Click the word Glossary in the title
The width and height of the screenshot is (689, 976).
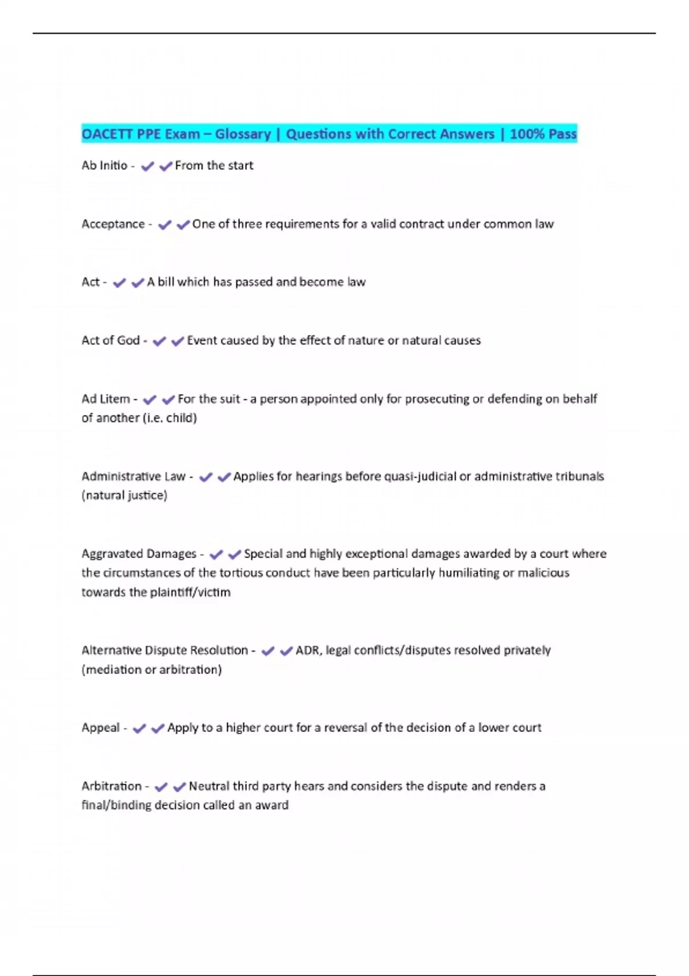tap(243, 134)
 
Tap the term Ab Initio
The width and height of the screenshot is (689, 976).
tap(104, 165)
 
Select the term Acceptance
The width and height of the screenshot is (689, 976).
tap(113, 224)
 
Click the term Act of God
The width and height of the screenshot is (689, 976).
tap(110, 340)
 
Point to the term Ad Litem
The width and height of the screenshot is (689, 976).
tap(106, 399)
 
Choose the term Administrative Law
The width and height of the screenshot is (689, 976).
tap(133, 477)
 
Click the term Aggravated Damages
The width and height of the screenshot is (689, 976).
tap(139, 554)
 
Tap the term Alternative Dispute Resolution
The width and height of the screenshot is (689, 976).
tap(165, 650)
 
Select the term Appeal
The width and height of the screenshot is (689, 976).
tap(100, 728)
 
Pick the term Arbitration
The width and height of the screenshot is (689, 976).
tap(111, 786)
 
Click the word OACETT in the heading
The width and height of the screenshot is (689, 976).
tap(107, 134)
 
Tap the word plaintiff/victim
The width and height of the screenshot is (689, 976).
tap(190, 592)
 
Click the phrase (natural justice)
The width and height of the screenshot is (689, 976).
tap(125, 495)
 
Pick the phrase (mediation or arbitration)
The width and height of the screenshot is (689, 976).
tap(152, 670)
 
